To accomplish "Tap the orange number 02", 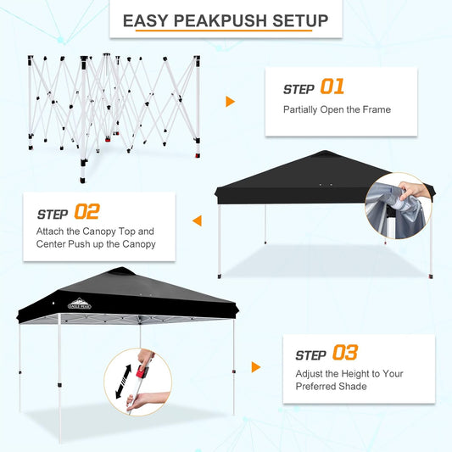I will coord(87,211).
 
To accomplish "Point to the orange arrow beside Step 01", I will coord(230,102).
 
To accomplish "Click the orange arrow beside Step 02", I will coord(197,220).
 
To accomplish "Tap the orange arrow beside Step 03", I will coord(255,367).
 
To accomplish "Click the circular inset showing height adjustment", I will coord(137,382).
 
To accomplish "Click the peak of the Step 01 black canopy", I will coord(326,153).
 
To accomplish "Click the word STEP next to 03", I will coord(310,354).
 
